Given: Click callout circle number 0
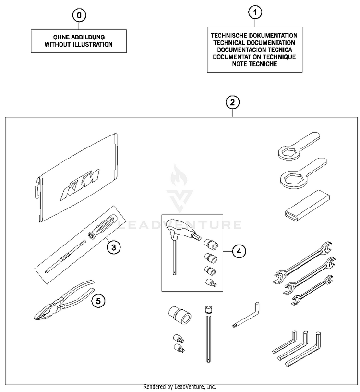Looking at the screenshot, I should point(79,15).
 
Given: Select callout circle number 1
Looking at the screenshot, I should point(254,12).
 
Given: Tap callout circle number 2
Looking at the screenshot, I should point(232,102).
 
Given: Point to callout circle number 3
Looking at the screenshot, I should point(113,248).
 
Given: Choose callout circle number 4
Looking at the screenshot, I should point(239,251).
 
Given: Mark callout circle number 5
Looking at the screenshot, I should point(98,301).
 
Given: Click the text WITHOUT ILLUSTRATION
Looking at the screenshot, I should point(79,44).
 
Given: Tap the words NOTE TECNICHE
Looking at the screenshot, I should point(254,63).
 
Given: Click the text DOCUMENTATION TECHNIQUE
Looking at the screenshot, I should point(254,56).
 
